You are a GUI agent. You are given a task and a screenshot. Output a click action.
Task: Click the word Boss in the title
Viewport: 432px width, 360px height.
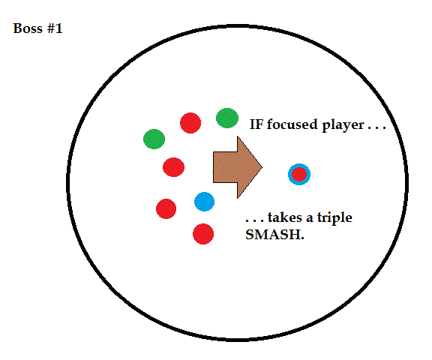[x=28, y=28]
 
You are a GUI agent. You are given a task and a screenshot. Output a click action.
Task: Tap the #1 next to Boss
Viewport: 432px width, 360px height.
[x=55, y=28]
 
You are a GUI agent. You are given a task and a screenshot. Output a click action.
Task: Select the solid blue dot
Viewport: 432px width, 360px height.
[x=204, y=202]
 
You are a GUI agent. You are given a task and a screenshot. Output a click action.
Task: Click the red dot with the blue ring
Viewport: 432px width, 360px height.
[x=299, y=174]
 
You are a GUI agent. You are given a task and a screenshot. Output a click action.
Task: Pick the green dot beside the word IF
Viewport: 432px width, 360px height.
[x=227, y=118]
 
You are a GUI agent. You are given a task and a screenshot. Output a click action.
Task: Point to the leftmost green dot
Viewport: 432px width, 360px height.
[x=154, y=139]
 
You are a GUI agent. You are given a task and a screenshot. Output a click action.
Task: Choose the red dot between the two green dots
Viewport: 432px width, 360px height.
[x=190, y=123]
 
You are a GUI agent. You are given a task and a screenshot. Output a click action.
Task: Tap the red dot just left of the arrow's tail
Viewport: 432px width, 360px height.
[x=173, y=167]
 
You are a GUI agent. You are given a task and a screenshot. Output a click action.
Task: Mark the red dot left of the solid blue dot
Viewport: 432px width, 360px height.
[x=166, y=208]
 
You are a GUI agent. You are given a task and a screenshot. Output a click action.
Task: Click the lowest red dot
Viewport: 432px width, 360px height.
[x=203, y=234]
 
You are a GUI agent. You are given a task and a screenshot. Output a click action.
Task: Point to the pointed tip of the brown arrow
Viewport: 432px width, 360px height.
[x=262, y=167]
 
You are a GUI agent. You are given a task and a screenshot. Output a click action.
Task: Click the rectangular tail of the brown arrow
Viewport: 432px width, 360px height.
[x=225, y=167]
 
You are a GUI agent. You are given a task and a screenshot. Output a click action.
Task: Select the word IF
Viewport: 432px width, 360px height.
[x=256, y=124]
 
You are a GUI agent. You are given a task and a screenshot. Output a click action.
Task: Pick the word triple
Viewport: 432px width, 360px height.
[x=334, y=218]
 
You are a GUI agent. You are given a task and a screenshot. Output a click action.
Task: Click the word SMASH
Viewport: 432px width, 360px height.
[x=274, y=235]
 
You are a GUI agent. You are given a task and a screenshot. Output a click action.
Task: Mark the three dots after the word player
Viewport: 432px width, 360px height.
[x=377, y=128]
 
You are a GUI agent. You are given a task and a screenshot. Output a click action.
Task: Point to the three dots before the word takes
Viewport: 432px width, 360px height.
[x=255, y=220]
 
